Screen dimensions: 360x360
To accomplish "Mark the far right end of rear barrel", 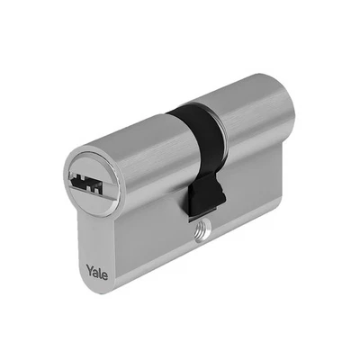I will point(288,117).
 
